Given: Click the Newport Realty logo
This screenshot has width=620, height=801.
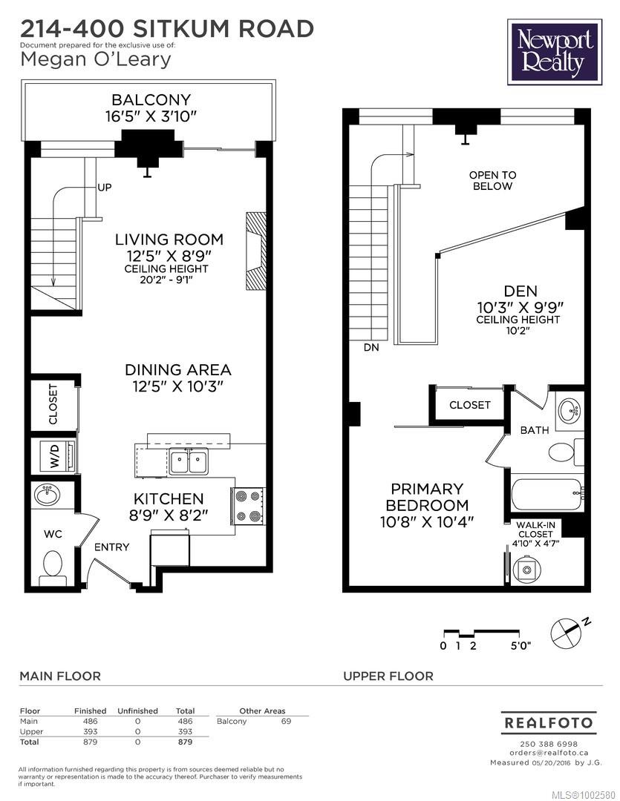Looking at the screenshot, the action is pyautogui.click(x=555, y=52).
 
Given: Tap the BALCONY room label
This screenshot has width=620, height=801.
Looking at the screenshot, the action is pyautogui.click(x=151, y=99).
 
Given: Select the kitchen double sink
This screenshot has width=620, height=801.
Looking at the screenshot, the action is pyautogui.click(x=189, y=462).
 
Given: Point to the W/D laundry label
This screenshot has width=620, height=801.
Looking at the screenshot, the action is pyautogui.click(x=55, y=455).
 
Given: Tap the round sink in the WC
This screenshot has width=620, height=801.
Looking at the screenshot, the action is pyautogui.click(x=47, y=495).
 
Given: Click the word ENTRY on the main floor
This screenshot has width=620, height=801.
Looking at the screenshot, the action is pyautogui.click(x=111, y=547).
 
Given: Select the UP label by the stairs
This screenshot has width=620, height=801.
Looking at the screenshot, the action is pyautogui.click(x=105, y=188).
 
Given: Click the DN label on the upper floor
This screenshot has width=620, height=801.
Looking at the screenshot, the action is pyautogui.click(x=371, y=347).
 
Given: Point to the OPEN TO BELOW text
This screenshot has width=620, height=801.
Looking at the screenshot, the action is pyautogui.click(x=492, y=180).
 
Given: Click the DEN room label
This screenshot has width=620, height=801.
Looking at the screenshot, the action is pyautogui.click(x=521, y=291).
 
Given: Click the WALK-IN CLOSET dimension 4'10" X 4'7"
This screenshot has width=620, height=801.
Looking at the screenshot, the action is pyautogui.click(x=535, y=544).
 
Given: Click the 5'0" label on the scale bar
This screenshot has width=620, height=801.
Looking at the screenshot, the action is pyautogui.click(x=521, y=646).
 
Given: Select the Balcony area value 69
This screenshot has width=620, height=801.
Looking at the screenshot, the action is pyautogui.click(x=286, y=722).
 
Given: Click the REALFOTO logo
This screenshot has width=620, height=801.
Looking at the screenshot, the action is pyautogui.click(x=549, y=723).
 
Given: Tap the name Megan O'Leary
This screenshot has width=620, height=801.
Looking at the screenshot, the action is pyautogui.click(x=96, y=59).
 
